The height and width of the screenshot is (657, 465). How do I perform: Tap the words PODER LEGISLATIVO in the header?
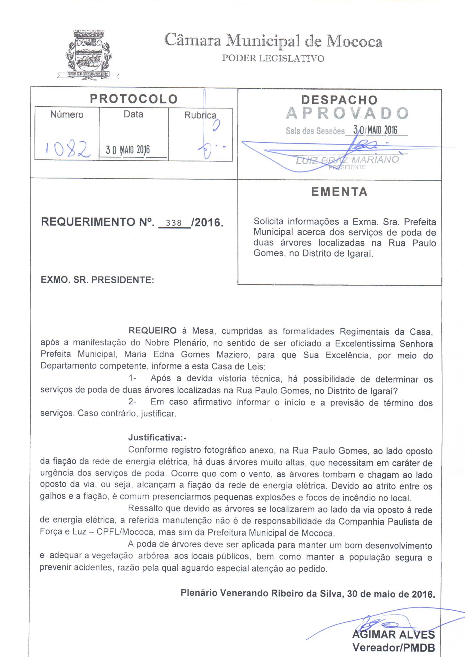[273, 59]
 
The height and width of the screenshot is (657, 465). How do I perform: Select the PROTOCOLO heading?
[134, 99]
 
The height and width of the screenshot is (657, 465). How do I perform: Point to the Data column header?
[133, 114]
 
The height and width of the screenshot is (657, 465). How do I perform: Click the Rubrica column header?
[200, 115]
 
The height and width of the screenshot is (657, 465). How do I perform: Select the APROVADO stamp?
[347, 113]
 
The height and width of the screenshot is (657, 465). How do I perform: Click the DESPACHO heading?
[339, 99]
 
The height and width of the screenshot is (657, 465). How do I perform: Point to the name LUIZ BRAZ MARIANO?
[347, 160]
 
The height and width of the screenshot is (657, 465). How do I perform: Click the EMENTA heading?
[340, 192]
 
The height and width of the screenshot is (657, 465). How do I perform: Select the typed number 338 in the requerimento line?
[174, 223]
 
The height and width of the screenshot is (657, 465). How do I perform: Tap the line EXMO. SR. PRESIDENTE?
[97, 280]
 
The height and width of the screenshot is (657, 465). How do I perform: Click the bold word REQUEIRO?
[152, 331]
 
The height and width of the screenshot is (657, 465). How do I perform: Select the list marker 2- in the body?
[132, 402]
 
